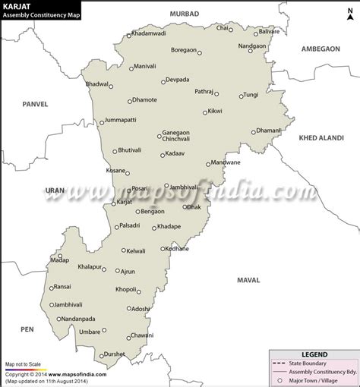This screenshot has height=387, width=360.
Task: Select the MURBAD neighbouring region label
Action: coord(184,14)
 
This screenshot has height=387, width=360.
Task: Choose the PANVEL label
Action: coord(35,103)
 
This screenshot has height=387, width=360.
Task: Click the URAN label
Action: coord(55,190)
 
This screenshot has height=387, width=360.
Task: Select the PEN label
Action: coord(27,329)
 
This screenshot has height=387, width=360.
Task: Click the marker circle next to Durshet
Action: coord(101,354)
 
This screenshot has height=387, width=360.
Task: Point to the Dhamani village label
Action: coord(268,131)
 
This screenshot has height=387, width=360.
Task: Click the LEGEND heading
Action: coord(314,354)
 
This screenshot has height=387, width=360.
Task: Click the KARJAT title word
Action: coord(16,6)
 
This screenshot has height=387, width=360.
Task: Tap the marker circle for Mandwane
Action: coord(209,163)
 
